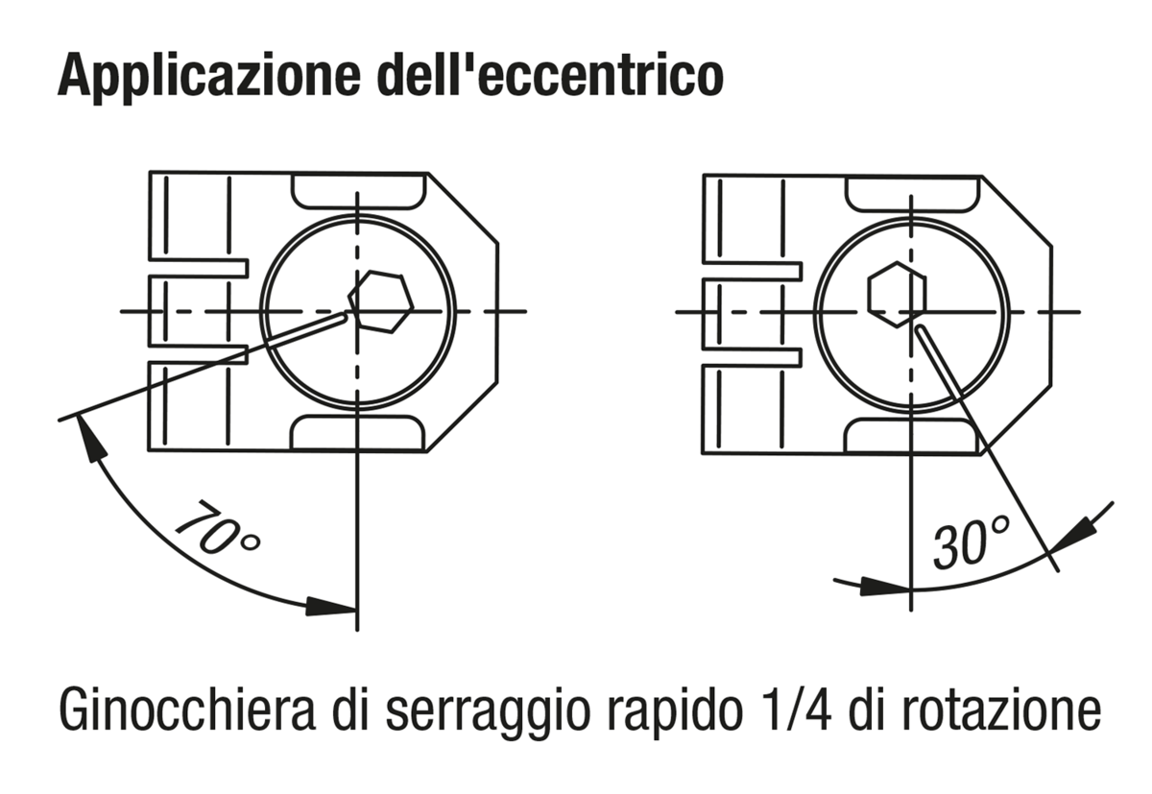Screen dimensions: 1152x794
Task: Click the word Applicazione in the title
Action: coord(209,75)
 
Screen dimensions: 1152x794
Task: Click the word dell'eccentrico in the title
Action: coord(551,74)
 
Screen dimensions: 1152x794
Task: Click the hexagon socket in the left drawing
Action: coord(381,301)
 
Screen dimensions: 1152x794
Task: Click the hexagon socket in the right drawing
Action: coord(897,294)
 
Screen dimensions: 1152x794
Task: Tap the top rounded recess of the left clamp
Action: coord(358,191)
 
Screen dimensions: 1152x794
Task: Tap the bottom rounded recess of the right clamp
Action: coord(912,436)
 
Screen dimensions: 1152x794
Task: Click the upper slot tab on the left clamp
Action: coord(199,268)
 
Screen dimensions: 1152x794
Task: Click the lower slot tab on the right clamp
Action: coord(752,357)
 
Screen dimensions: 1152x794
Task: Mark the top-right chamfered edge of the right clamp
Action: coord(1017,211)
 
